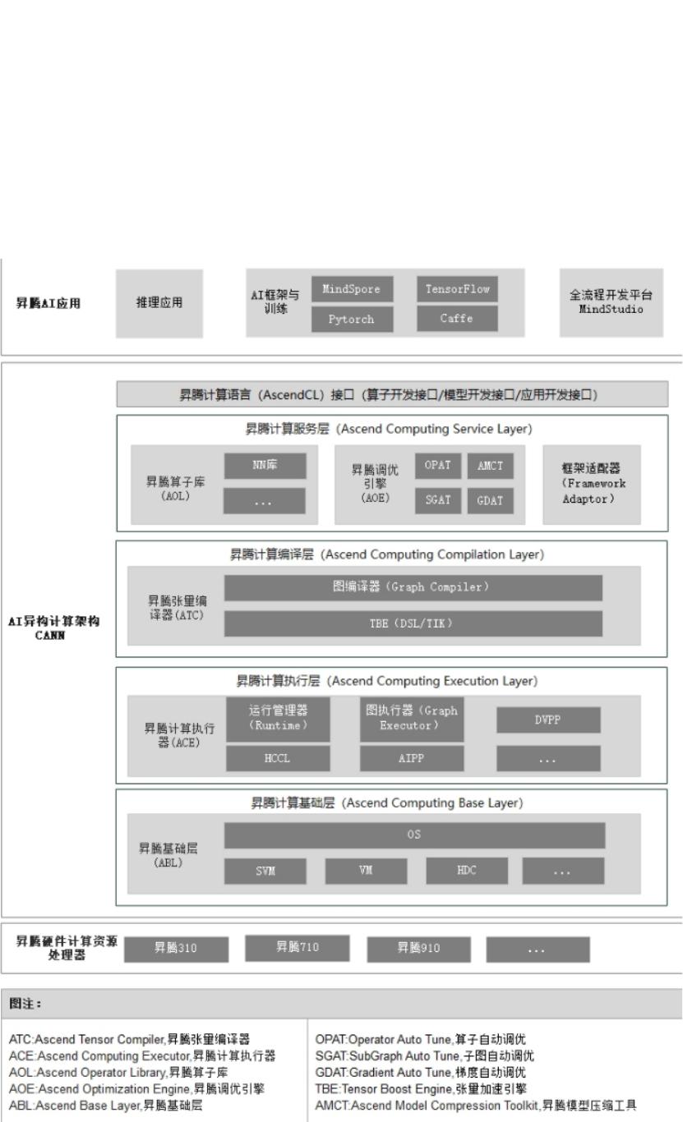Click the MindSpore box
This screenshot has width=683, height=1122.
352,289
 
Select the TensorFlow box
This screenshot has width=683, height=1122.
458,289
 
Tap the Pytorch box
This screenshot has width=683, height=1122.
352,320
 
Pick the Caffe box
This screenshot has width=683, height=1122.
458,320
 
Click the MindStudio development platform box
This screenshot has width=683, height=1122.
611,303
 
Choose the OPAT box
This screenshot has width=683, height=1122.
437,465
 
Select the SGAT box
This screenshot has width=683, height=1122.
437,499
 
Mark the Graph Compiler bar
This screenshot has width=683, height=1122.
413,587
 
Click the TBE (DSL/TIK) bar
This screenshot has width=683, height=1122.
413,623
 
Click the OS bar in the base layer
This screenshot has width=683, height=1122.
414,835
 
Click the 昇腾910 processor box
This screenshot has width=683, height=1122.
419,949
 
